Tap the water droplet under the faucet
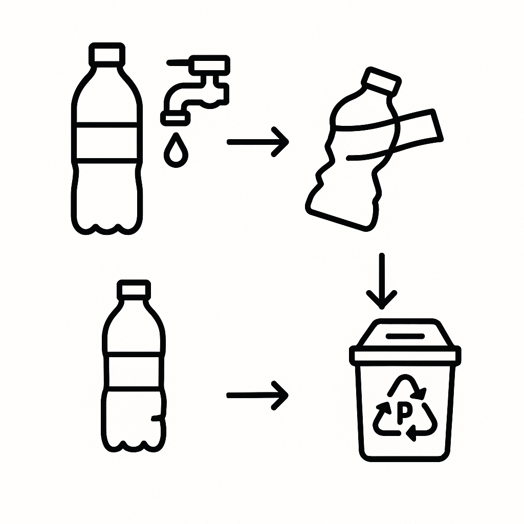click(x=176, y=150)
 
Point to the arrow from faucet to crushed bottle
click(x=257, y=141)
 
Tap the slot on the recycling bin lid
click(x=405, y=336)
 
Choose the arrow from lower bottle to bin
click(x=257, y=395)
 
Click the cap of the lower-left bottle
click(x=134, y=290)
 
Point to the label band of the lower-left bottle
click(x=134, y=371)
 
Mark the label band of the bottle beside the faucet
click(x=107, y=141)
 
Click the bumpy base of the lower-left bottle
click(x=134, y=440)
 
